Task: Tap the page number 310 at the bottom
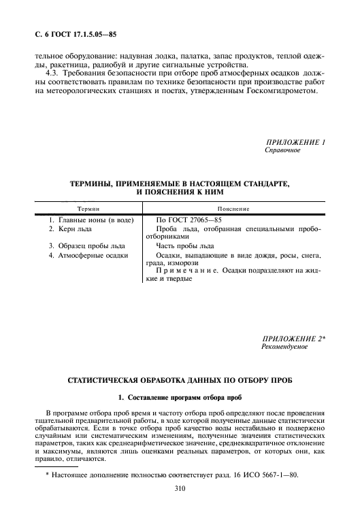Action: coord(180,487)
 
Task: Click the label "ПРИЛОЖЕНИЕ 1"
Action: coord(295,141)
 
